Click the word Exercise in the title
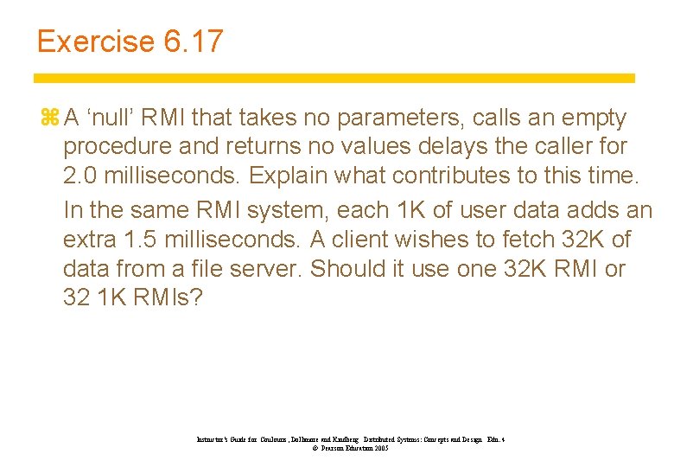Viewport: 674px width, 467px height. (x=94, y=41)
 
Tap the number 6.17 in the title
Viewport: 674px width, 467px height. (x=192, y=41)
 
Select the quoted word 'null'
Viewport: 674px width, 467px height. (x=111, y=118)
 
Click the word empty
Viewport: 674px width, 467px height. (x=582, y=118)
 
